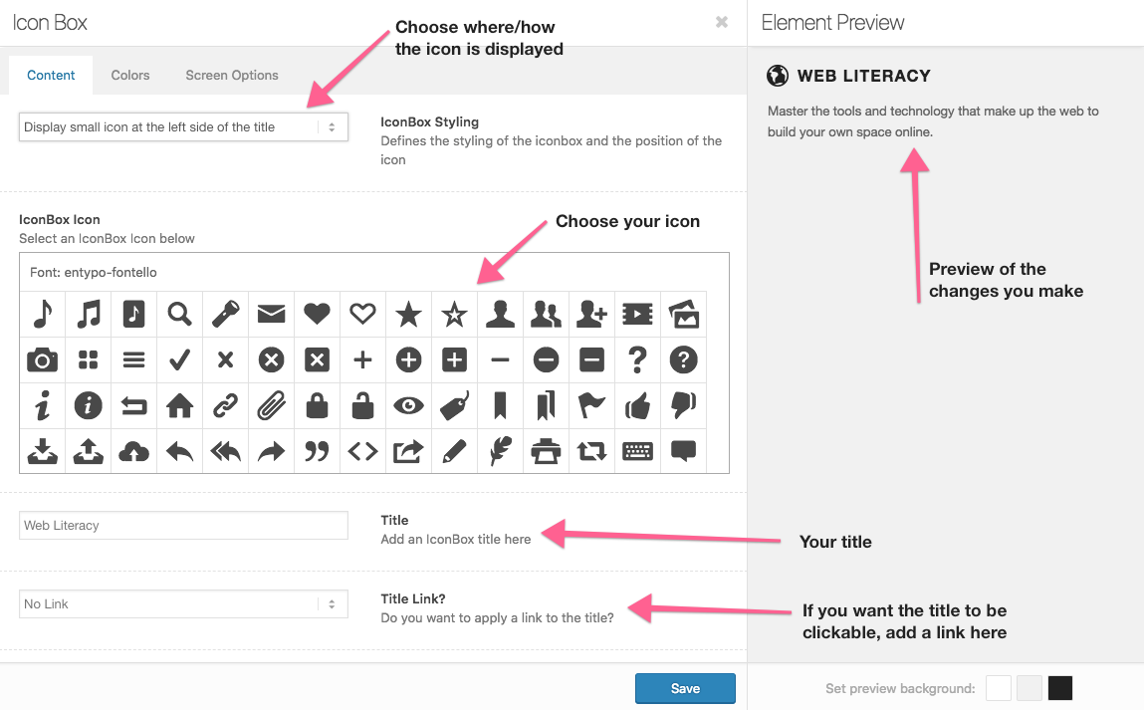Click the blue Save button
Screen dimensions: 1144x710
click(685, 688)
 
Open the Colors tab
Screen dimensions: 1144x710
click(129, 75)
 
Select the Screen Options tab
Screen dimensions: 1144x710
click(232, 75)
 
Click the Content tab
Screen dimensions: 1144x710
click(51, 75)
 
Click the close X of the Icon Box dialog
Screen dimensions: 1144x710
click(722, 22)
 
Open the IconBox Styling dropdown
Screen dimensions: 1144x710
click(183, 127)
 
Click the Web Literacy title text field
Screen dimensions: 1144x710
click(183, 526)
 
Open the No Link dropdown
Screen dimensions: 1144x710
click(183, 604)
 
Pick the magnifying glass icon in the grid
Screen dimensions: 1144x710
click(179, 314)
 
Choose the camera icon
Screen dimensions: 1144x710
click(43, 359)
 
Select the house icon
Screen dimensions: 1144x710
click(179, 405)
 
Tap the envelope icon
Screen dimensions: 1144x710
click(272, 314)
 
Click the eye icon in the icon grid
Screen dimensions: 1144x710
click(408, 405)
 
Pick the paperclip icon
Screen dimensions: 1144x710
click(272, 405)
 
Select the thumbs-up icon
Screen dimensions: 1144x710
click(637, 405)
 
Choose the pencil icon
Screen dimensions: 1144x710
click(455, 451)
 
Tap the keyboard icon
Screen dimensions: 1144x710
click(637, 451)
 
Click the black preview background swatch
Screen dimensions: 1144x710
click(1060, 688)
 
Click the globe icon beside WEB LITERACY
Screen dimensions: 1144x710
click(778, 76)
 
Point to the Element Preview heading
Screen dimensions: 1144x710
click(832, 23)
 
